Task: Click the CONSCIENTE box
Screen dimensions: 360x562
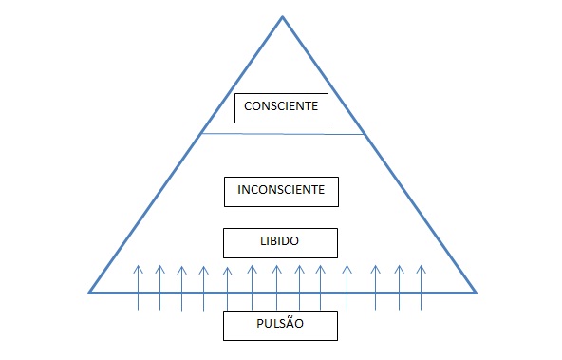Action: [x=281, y=107]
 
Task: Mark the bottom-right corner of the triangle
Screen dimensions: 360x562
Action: [x=476, y=292]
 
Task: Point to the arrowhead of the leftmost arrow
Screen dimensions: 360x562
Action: [x=138, y=268]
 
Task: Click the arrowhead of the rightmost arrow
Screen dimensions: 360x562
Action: [x=421, y=268]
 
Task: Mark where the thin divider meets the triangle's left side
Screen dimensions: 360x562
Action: [x=200, y=133]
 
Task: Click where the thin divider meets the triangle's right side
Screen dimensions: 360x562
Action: [x=365, y=135]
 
